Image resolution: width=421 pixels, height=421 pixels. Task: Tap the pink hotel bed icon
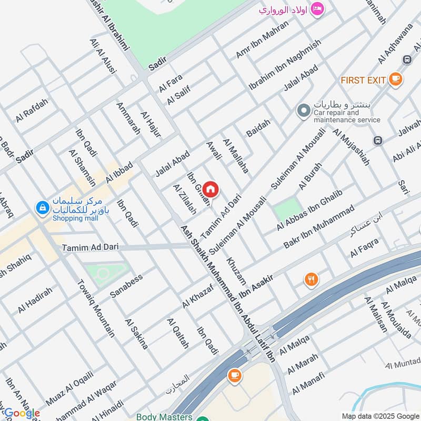(317, 9)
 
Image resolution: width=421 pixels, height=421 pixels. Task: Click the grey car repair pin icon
(303, 111)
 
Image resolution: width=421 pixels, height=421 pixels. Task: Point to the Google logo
(21, 413)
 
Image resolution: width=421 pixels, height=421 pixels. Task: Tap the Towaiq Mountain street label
(96, 307)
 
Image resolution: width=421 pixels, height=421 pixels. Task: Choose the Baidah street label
(258, 128)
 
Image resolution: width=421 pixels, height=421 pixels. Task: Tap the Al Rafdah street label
(32, 110)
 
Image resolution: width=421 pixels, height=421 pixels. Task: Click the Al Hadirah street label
(35, 300)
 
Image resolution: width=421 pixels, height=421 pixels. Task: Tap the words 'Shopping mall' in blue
(72, 218)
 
